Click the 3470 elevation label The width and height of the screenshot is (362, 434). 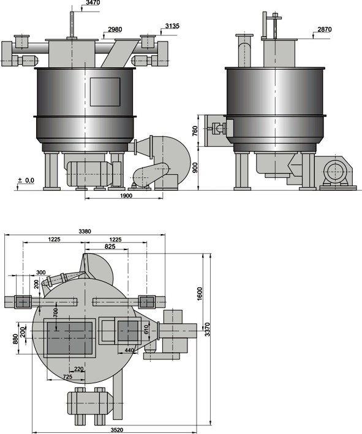[x=93, y=3]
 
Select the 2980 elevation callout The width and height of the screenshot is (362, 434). [x=115, y=29]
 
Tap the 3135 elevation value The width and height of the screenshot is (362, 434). [x=172, y=26]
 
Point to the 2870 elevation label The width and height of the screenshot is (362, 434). [x=325, y=29]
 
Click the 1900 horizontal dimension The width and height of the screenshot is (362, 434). [x=126, y=196]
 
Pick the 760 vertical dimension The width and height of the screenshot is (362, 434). [x=195, y=131]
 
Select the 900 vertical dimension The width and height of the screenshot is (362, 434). [x=195, y=167]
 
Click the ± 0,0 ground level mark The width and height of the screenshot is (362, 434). [x=26, y=181]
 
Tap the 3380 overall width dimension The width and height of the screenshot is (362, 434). [x=85, y=232]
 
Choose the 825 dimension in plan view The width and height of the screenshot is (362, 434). [x=110, y=246]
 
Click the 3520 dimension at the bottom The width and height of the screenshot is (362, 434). [x=117, y=430]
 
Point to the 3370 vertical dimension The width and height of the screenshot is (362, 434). [x=208, y=329]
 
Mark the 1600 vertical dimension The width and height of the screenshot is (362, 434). [x=200, y=294]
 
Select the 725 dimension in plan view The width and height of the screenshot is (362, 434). [x=68, y=377]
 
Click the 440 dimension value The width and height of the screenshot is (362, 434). [x=129, y=350]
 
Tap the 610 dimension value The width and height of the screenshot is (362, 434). [x=146, y=329]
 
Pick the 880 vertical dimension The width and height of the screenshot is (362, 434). [x=15, y=339]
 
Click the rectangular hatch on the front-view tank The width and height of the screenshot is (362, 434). [x=105, y=92]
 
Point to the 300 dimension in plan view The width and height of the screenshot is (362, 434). [x=41, y=273]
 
